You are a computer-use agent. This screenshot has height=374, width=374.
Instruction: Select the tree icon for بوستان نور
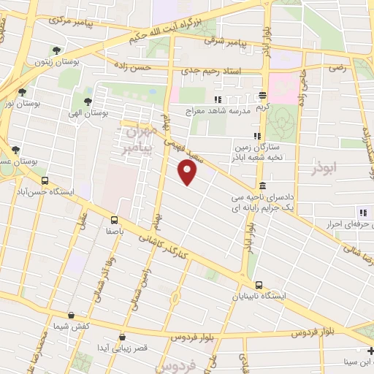tap(22, 92)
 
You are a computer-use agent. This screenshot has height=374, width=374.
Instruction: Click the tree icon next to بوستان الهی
tap(88, 102)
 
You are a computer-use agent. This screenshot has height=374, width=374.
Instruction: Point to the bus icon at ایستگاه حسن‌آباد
tap(45, 180)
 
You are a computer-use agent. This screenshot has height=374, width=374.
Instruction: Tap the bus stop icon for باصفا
tap(114, 219)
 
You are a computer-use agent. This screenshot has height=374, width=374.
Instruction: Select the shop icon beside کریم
tap(262, 96)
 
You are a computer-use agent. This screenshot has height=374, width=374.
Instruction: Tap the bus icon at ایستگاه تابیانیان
tap(259, 285)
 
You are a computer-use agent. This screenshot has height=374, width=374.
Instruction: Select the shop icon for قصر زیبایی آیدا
tap(121, 337)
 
